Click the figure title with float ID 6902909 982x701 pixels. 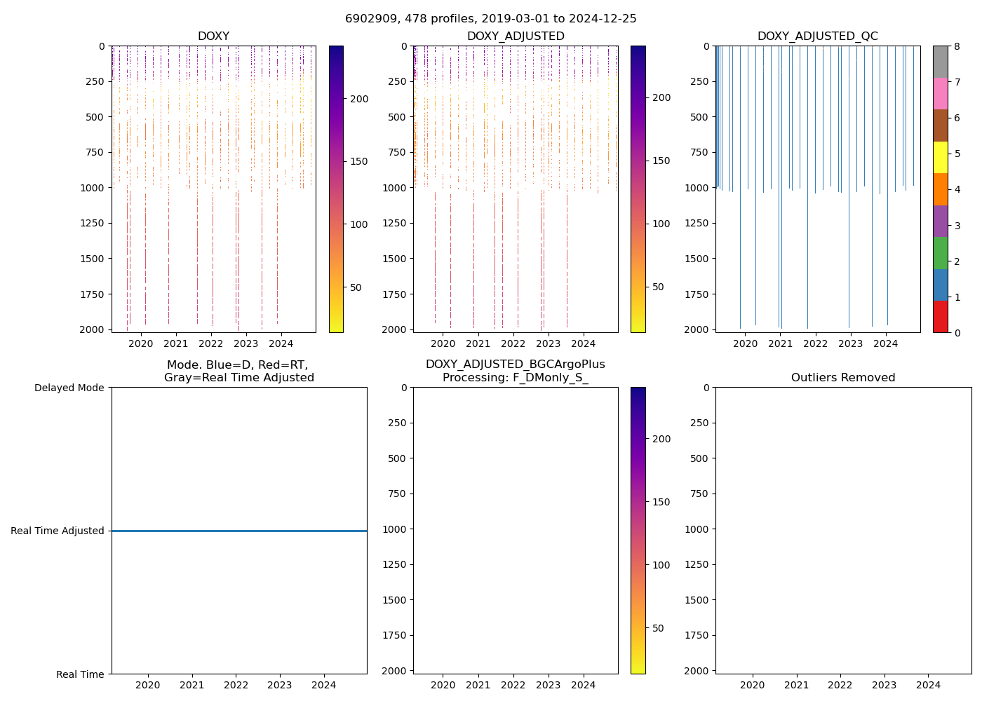tap(490, 19)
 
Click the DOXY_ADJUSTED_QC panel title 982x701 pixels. tap(817, 36)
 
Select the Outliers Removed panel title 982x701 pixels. tap(842, 378)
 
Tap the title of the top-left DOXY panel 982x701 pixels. tap(213, 36)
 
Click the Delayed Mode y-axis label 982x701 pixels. tap(69, 388)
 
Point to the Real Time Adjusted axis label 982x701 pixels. tap(57, 531)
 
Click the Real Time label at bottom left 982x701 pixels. tap(80, 674)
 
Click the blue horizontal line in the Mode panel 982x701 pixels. tap(238, 531)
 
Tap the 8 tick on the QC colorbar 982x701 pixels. tap(957, 46)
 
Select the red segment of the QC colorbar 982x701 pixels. tap(940, 316)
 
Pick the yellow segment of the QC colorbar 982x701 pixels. tap(940, 157)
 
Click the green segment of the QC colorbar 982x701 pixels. tap(940, 252)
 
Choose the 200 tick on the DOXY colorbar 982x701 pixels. tap(359, 99)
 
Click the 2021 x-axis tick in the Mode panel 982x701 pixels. tap(192, 685)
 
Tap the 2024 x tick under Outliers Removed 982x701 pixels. tap(928, 685)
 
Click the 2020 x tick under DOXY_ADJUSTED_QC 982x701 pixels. tap(745, 343)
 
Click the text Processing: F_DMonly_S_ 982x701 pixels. tap(515, 378)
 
